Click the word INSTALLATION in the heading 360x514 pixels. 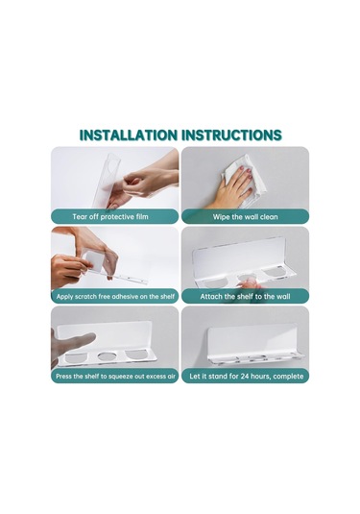pyautogui.click(x=129, y=135)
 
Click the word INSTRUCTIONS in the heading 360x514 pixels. pyautogui.click(x=231, y=135)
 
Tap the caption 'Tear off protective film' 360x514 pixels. pyautogui.click(x=110, y=217)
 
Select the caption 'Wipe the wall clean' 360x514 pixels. pyautogui.click(x=246, y=217)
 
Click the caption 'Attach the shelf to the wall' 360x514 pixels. pyautogui.click(x=246, y=297)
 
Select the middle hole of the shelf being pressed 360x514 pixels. pyautogui.click(x=106, y=356)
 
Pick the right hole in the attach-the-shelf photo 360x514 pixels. pyautogui.click(x=276, y=273)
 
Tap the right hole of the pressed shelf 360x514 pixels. pyautogui.click(x=137, y=355)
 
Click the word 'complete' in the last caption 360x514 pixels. pyautogui.click(x=288, y=377)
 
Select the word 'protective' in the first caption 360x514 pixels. pyautogui.click(x=118, y=217)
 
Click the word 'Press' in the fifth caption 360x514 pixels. pyautogui.click(x=63, y=377)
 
